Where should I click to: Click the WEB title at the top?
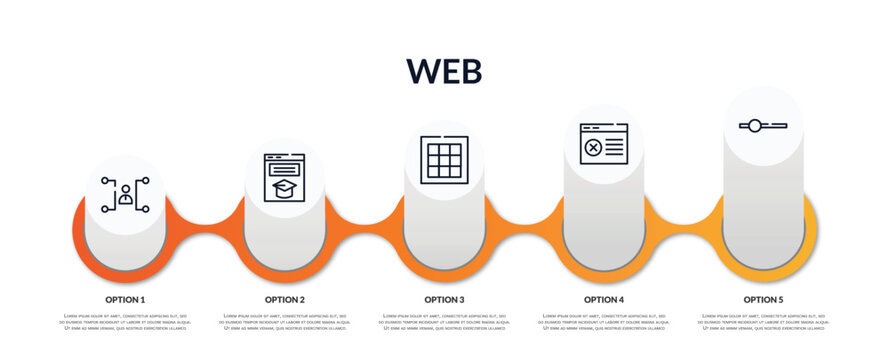(444, 71)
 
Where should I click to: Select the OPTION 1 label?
(125, 299)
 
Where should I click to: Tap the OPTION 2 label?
(285, 299)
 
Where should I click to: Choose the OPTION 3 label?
(444, 299)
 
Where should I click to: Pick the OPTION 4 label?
(604, 299)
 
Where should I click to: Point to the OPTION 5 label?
(763, 299)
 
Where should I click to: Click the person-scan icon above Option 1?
(125, 194)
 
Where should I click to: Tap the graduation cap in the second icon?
(285, 188)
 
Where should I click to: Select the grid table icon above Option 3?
(444, 160)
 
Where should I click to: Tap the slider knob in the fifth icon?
(755, 126)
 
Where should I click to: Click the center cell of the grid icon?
(444, 160)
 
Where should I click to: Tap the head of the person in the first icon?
(125, 189)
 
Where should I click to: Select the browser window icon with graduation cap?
(285, 178)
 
